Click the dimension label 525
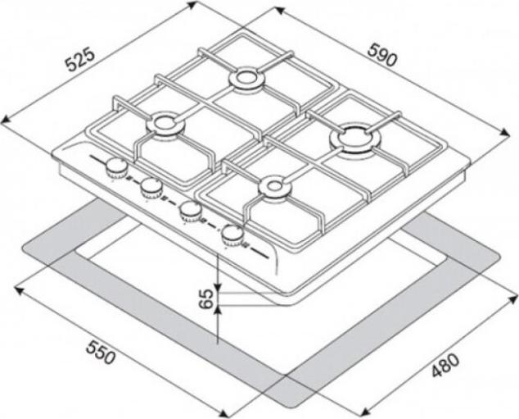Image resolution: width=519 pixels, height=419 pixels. click(81, 60)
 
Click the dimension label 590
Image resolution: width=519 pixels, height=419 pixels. click(381, 56)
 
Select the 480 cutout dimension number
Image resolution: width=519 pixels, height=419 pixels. click(445, 365)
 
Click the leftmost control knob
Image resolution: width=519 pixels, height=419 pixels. click(116, 168)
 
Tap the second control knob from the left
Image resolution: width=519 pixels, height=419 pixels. click(151, 188)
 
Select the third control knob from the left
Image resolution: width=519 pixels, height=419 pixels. click(190, 212)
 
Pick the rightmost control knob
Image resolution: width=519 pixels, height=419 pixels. click(232, 235)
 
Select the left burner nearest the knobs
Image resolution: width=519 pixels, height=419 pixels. click(164, 125)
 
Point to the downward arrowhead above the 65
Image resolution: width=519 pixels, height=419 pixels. click(218, 285)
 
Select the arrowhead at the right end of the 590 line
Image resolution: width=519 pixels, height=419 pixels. click(504, 132)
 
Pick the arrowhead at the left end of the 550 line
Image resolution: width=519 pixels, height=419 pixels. click(20, 290)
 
